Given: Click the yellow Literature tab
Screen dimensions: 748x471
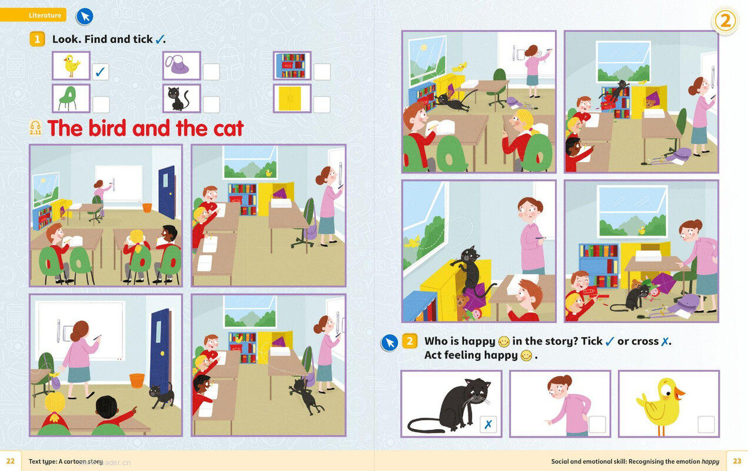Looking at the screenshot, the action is [x=33, y=15].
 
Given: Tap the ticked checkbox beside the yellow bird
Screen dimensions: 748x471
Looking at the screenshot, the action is [x=101, y=71].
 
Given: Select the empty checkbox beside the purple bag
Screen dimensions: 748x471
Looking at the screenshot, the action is [x=211, y=71].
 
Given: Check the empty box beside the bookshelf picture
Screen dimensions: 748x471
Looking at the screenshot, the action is [x=322, y=71].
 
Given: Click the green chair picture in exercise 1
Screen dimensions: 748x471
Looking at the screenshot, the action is [x=71, y=98].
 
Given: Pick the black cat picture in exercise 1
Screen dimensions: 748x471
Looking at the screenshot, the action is [x=182, y=98].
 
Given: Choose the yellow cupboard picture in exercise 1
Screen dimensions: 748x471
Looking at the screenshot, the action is [x=292, y=98].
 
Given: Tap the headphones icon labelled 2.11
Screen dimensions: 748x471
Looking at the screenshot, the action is [x=35, y=128].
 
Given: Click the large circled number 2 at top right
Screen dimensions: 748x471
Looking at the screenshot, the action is [x=725, y=21].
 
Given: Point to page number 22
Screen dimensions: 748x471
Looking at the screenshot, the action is [x=11, y=461].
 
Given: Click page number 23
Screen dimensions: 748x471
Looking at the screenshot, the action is [x=737, y=461].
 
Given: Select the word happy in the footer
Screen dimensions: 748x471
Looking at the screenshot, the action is [x=710, y=462].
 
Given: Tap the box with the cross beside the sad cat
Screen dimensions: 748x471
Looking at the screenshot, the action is [x=488, y=424].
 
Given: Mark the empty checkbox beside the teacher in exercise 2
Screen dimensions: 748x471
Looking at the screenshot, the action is [x=597, y=424].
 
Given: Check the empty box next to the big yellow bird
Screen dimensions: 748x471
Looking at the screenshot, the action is [x=706, y=424].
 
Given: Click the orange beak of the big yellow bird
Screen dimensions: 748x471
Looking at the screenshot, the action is [x=678, y=393].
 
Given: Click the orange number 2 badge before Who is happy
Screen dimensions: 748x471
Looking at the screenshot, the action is [x=410, y=341].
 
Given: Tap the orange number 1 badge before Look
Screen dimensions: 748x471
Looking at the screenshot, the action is [x=37, y=39].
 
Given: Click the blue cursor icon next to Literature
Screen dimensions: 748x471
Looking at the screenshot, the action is [x=85, y=16].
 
